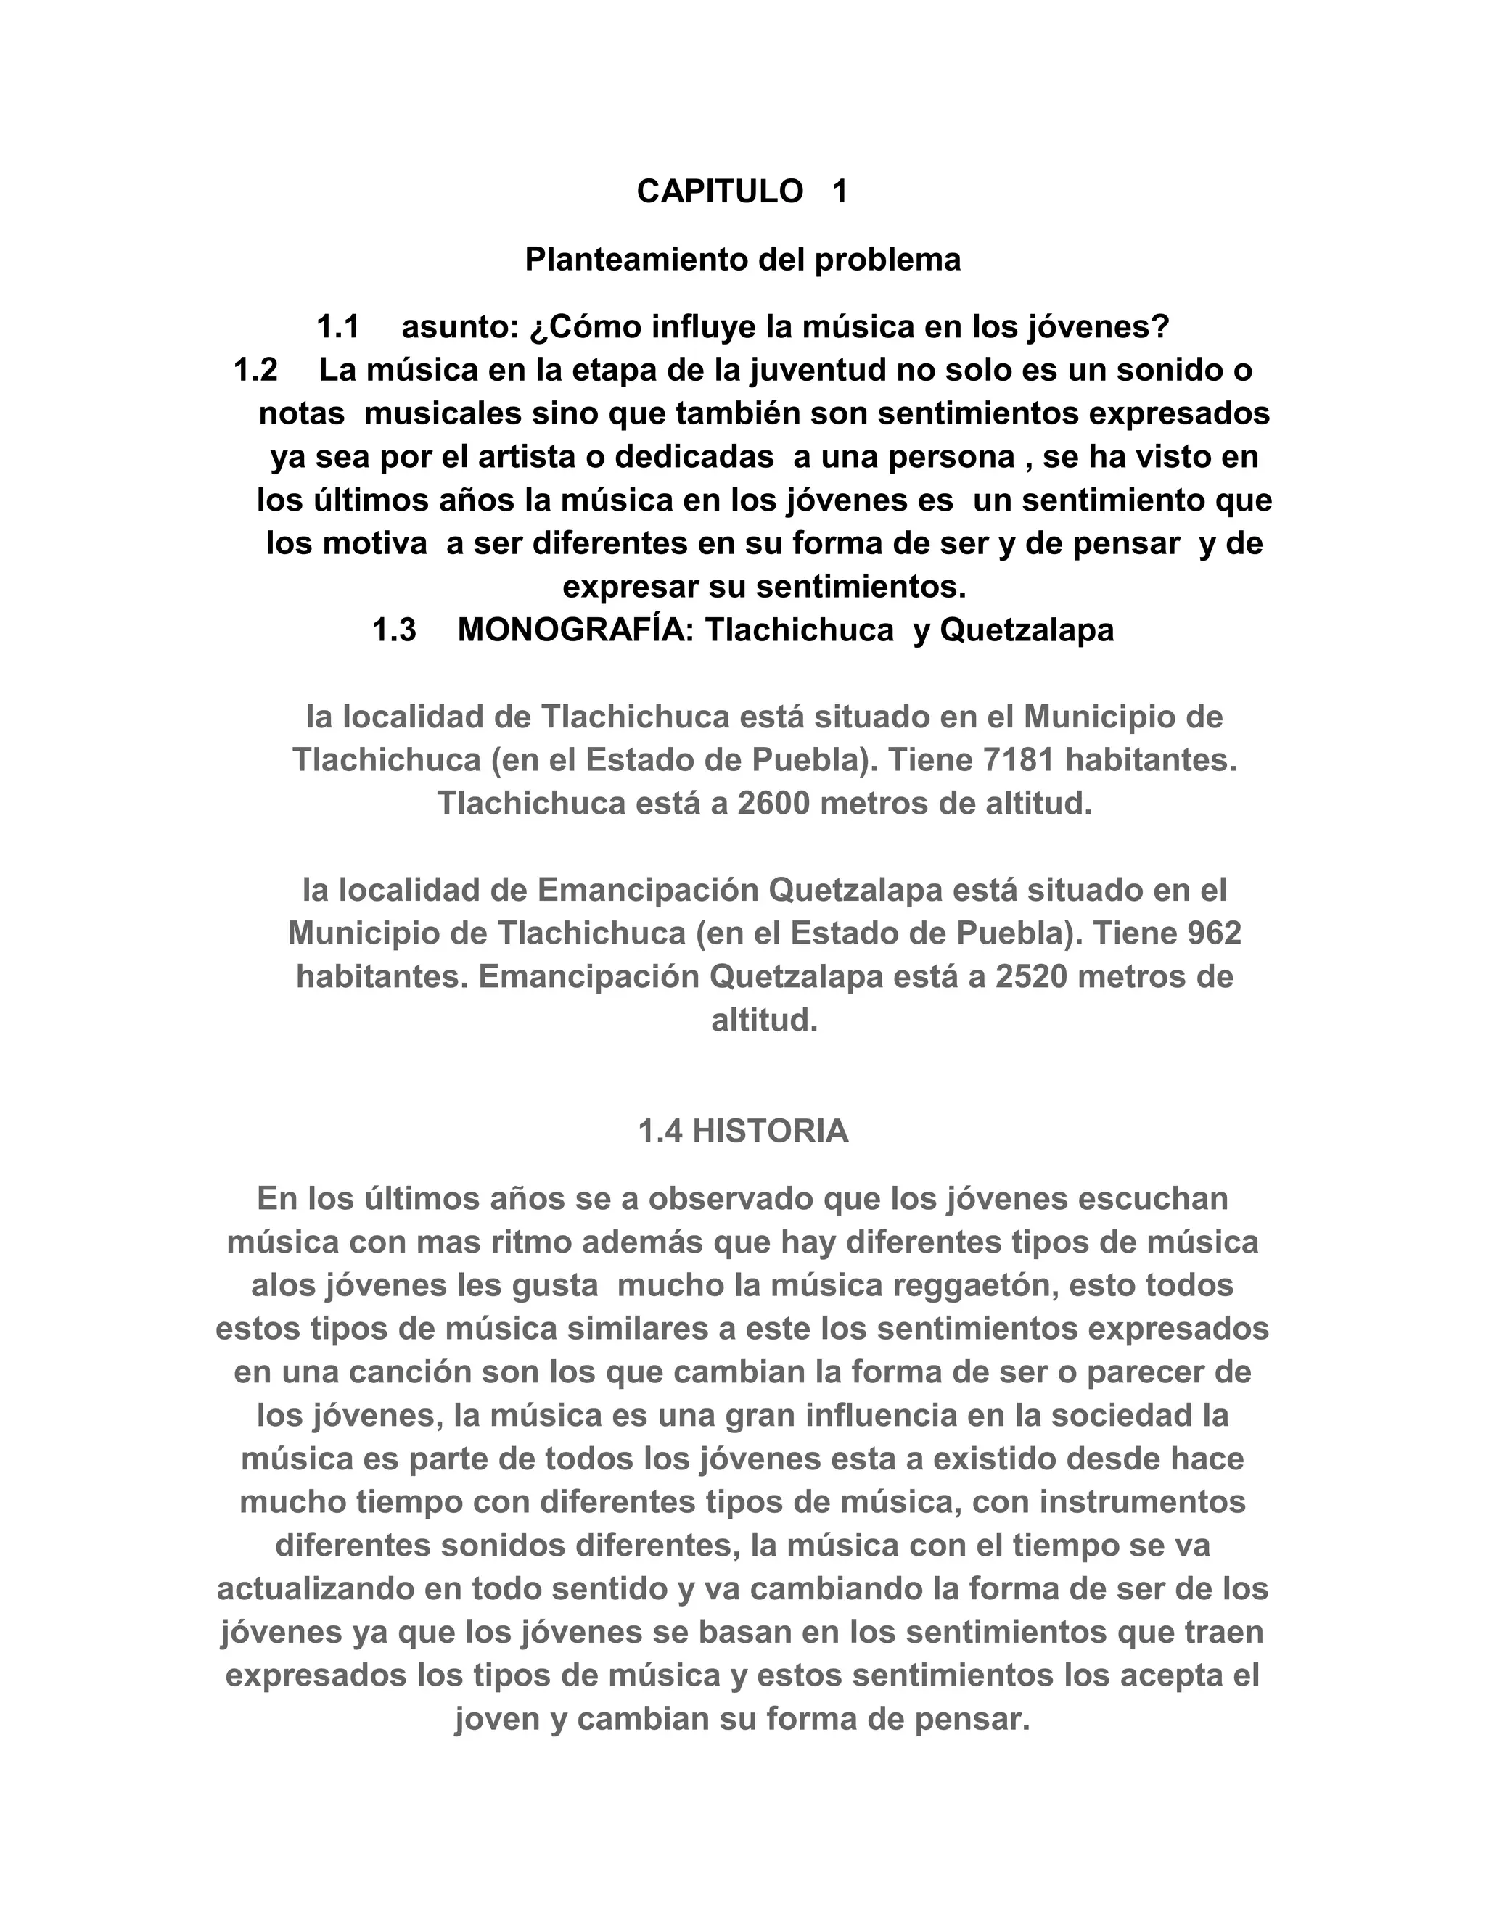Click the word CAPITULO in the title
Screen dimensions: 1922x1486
(x=719, y=191)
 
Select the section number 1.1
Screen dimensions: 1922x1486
(x=338, y=327)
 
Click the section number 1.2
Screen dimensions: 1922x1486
(x=255, y=371)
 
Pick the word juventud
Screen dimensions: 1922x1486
(x=818, y=371)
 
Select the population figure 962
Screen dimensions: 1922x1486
(x=1214, y=933)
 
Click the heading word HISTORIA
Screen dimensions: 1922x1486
(x=771, y=1131)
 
